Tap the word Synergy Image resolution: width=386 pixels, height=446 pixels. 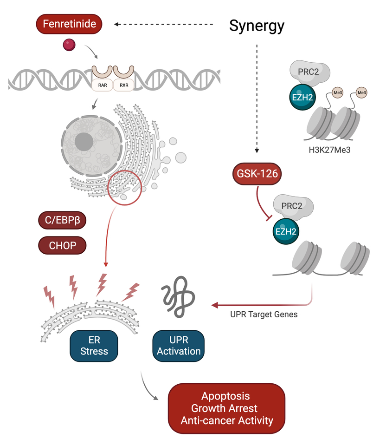tap(257, 26)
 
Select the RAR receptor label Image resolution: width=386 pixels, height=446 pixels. tap(103, 85)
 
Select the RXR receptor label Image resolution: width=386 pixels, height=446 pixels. tap(123, 85)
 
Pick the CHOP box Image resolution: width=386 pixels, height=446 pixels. tap(62, 245)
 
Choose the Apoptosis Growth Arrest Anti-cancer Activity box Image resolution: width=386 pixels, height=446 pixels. tap(226, 408)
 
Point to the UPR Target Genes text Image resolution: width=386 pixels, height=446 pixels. tap(264, 314)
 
